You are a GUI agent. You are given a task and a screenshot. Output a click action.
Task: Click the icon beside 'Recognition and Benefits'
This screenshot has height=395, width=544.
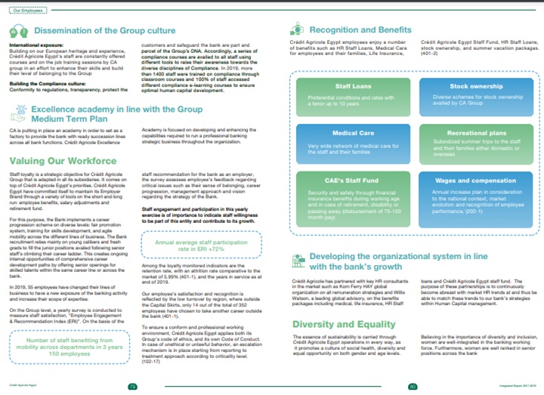(298, 31)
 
